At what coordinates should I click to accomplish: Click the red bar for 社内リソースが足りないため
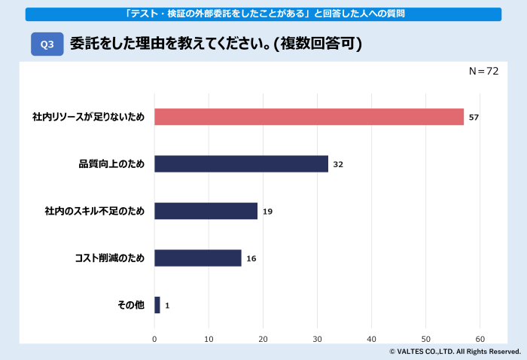click(309, 117)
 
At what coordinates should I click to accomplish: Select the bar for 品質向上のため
click(241, 164)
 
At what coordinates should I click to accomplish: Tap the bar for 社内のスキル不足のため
click(206, 211)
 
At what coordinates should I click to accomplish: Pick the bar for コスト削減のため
click(197, 258)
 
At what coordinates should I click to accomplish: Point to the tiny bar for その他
click(157, 305)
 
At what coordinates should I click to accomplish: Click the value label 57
click(474, 117)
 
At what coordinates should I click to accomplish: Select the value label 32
click(338, 164)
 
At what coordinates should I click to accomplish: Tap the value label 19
click(267, 212)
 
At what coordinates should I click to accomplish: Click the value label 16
click(251, 258)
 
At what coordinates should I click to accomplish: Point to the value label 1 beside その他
click(167, 306)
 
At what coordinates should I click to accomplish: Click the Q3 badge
click(47, 44)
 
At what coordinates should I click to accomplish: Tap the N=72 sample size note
click(483, 71)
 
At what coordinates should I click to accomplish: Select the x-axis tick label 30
click(317, 339)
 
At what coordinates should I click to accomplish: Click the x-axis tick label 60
click(480, 339)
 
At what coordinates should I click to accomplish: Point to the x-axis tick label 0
click(154, 339)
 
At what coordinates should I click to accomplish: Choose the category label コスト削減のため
click(109, 258)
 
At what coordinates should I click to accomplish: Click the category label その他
click(130, 306)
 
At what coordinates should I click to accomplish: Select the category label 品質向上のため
click(111, 164)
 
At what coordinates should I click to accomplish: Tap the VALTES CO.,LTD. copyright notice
click(455, 352)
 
